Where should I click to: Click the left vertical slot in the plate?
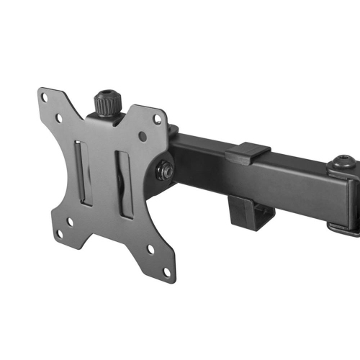(x=85, y=172)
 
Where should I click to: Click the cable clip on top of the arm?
(x=247, y=152)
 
